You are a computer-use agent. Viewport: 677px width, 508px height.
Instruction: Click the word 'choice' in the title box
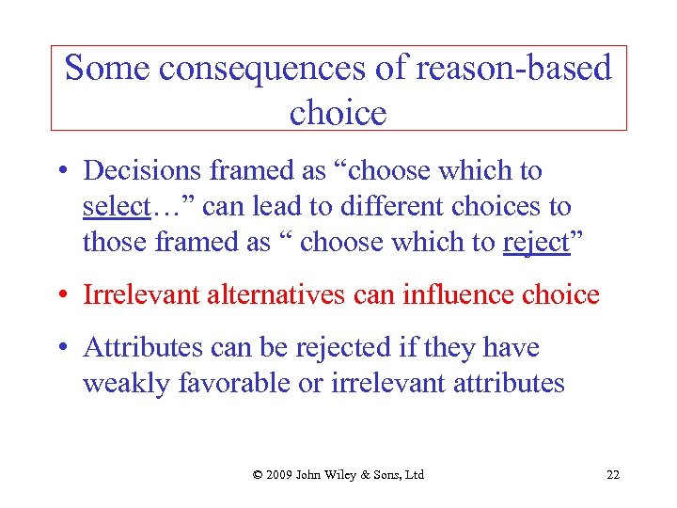[x=338, y=113]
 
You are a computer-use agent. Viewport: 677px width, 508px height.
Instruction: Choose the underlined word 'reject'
[x=536, y=242]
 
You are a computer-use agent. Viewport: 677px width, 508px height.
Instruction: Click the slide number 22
[x=613, y=474]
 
